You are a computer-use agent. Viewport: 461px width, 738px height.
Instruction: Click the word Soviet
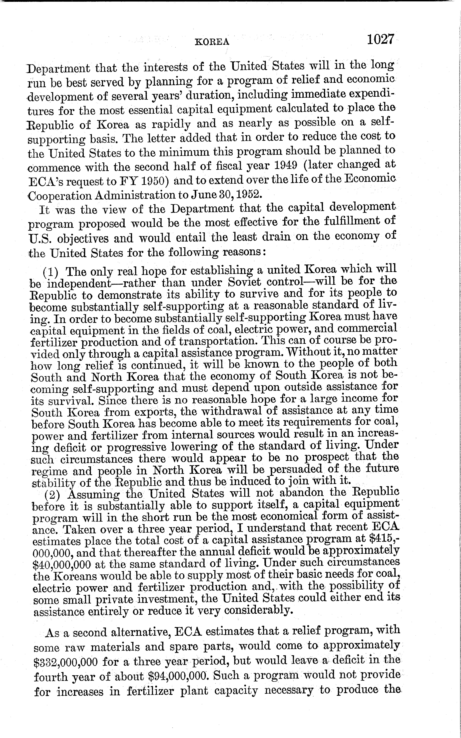[244, 282]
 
